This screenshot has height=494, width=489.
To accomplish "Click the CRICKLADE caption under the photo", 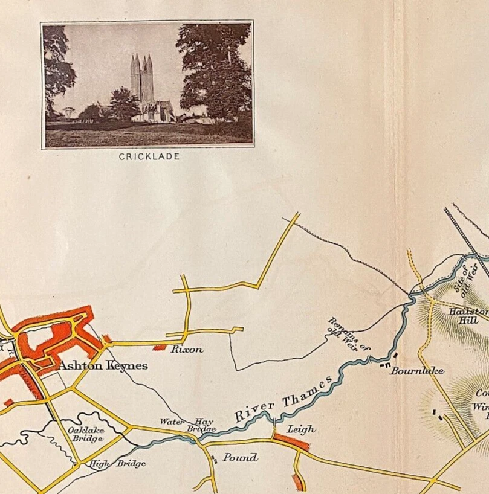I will click(x=149, y=156).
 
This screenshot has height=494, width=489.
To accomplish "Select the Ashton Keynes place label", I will click(x=103, y=365).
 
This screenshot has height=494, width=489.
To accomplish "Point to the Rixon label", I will click(x=186, y=349).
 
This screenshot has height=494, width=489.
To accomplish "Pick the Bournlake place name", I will click(x=416, y=370).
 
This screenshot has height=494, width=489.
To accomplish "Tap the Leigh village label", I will click(x=300, y=429).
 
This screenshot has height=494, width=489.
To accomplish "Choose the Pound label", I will click(x=240, y=457).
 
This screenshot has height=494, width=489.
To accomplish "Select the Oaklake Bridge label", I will click(x=85, y=434).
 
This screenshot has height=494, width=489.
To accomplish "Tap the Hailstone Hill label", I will click(x=469, y=315).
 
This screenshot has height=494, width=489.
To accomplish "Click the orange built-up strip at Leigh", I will click(x=291, y=442).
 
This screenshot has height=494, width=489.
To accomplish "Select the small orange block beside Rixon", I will click(x=160, y=347).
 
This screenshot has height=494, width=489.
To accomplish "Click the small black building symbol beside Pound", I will click(x=215, y=460).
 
